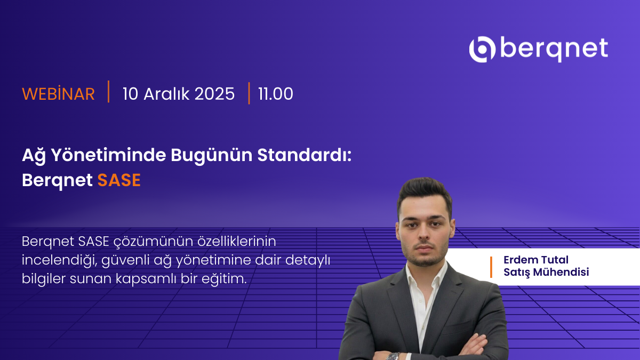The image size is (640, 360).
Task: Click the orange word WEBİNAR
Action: [58, 94]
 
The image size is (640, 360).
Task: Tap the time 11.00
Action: [276, 94]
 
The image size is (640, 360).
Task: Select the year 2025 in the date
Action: [214, 94]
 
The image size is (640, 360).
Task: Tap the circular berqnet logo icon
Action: [482, 49]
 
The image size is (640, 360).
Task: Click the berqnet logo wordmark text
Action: [555, 49]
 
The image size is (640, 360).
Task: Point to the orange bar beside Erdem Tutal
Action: [491, 267]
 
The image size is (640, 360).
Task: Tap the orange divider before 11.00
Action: [249, 93]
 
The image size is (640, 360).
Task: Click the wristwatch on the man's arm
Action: [394, 356]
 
